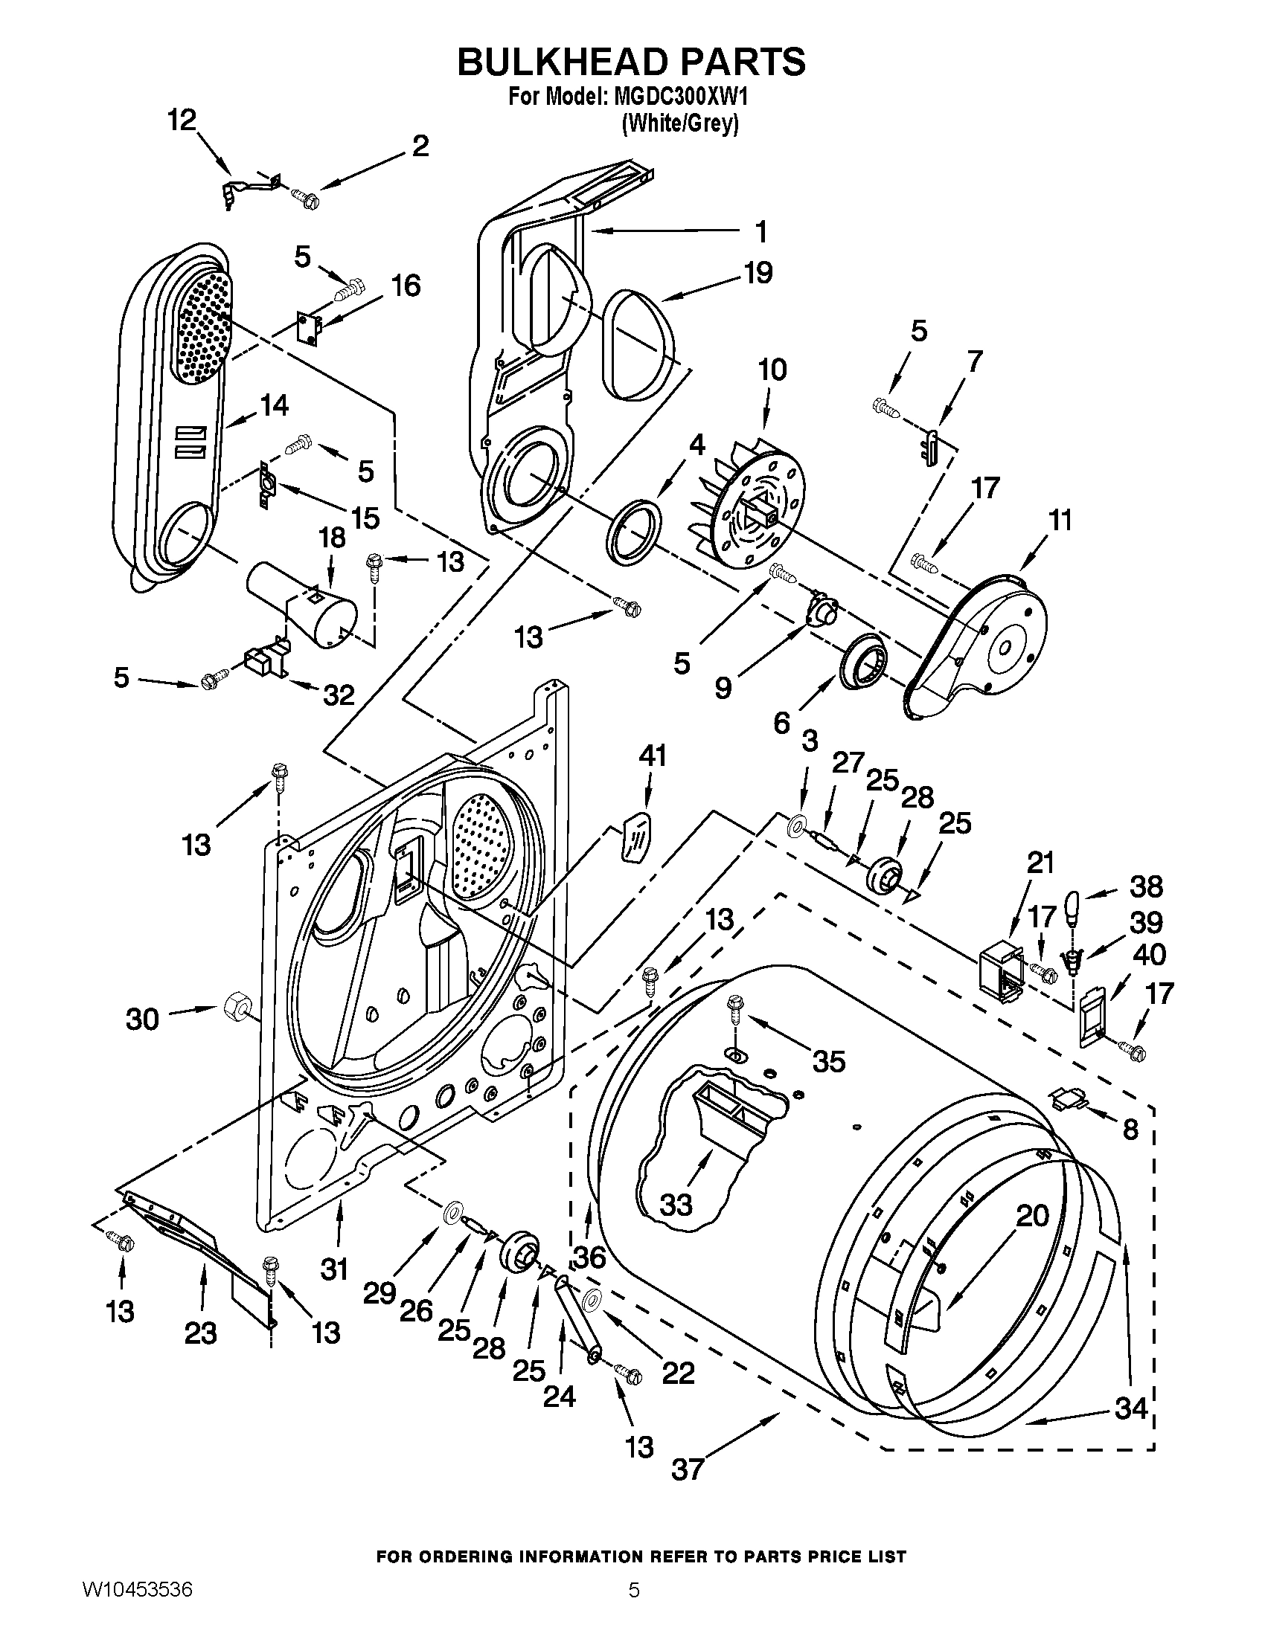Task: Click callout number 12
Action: click(181, 120)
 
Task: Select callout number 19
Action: click(758, 273)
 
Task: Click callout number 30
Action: click(142, 1019)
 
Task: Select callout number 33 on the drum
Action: click(676, 1205)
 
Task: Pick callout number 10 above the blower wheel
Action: click(772, 370)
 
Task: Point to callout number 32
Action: click(338, 695)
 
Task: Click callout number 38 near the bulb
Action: click(1146, 887)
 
